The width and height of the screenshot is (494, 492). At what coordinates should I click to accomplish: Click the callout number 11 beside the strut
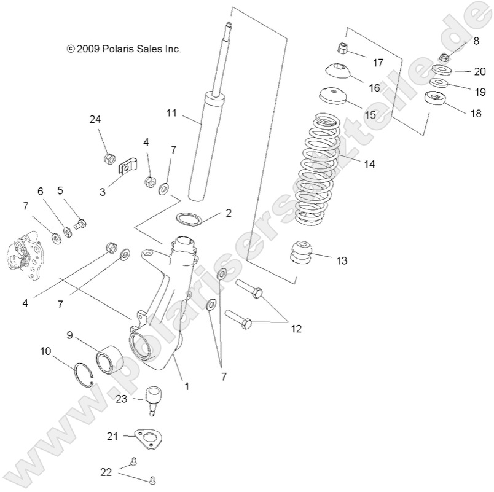(171, 112)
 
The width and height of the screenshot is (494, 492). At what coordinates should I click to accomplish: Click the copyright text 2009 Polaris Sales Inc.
(124, 49)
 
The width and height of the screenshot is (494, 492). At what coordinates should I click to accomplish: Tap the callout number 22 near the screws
(107, 472)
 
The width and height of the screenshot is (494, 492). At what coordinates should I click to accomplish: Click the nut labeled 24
(108, 158)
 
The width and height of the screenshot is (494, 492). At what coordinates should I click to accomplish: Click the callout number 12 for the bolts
(296, 329)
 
